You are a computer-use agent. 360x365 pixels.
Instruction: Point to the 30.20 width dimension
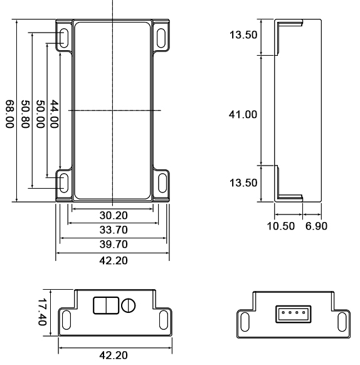pos(114,215)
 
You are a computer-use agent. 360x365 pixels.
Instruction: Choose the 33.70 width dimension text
pos(114,230)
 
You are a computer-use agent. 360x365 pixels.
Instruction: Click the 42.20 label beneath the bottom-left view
pos(114,355)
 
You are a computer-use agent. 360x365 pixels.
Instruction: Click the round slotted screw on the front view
pos(129,306)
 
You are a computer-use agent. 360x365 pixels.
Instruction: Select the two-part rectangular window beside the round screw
pos(104,305)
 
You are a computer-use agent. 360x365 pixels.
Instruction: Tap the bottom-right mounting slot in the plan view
pos(162,182)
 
